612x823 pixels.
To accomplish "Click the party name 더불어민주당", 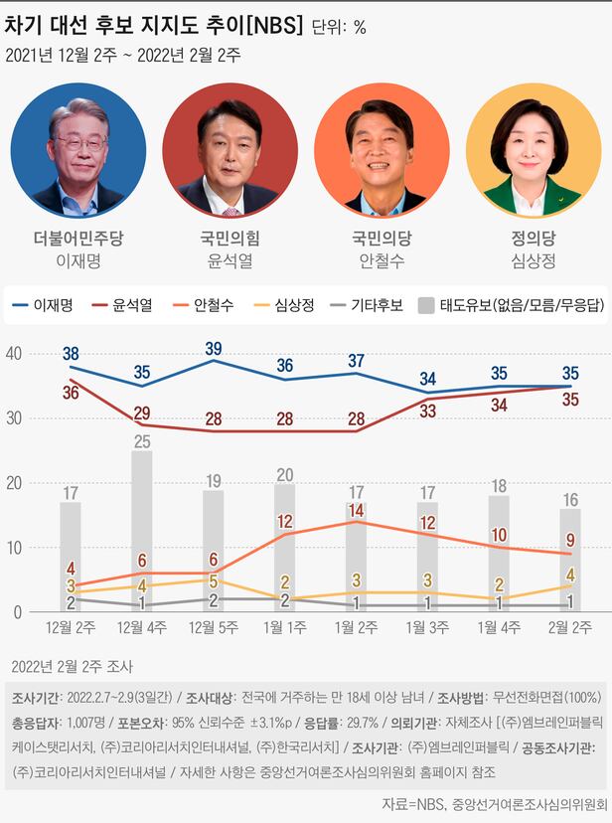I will tap(78, 238).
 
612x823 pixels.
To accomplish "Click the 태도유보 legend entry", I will tap(508, 306).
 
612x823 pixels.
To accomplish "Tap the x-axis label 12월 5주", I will tap(214, 627).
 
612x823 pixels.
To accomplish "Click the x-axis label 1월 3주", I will tap(427, 627).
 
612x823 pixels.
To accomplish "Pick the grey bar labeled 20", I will tap(285, 548).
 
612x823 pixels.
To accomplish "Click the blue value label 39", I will tap(213, 348).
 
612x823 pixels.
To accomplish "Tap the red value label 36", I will tap(70, 393).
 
